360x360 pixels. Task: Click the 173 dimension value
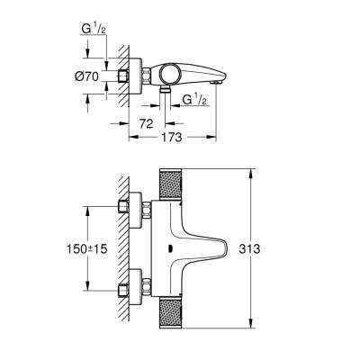point(174,137)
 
